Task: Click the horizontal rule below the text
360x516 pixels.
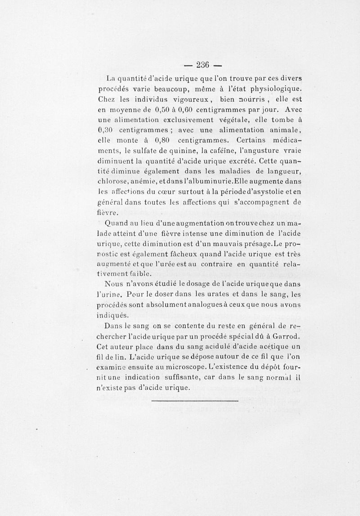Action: [x=194, y=400]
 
